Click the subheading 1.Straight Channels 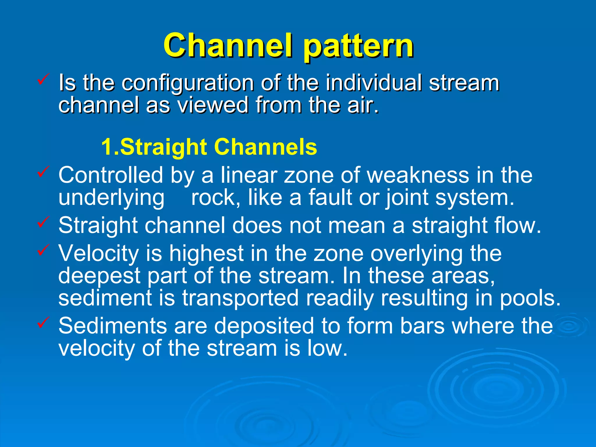click(x=209, y=147)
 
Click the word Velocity click(x=99, y=253)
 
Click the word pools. click(x=530, y=298)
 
